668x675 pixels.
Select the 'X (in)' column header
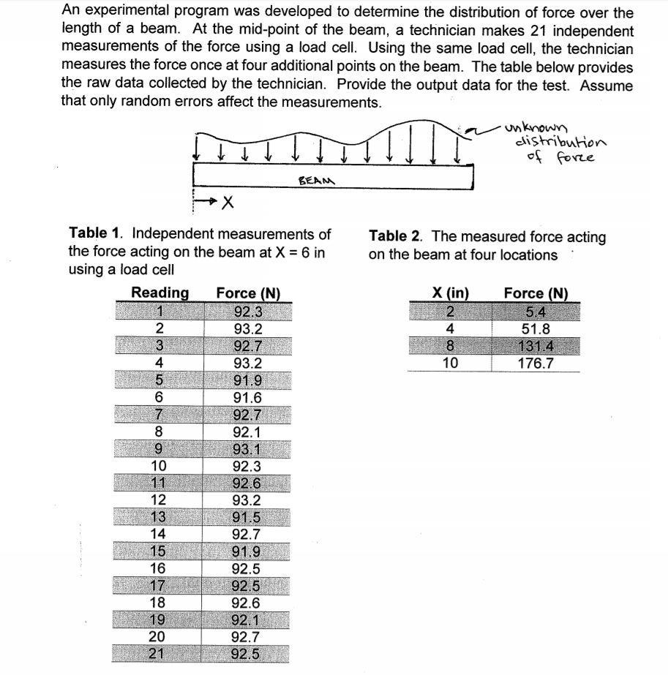tap(450, 294)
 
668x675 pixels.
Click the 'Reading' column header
tap(160, 293)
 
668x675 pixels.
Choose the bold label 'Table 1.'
tap(94, 234)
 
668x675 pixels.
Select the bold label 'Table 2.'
tap(398, 236)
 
